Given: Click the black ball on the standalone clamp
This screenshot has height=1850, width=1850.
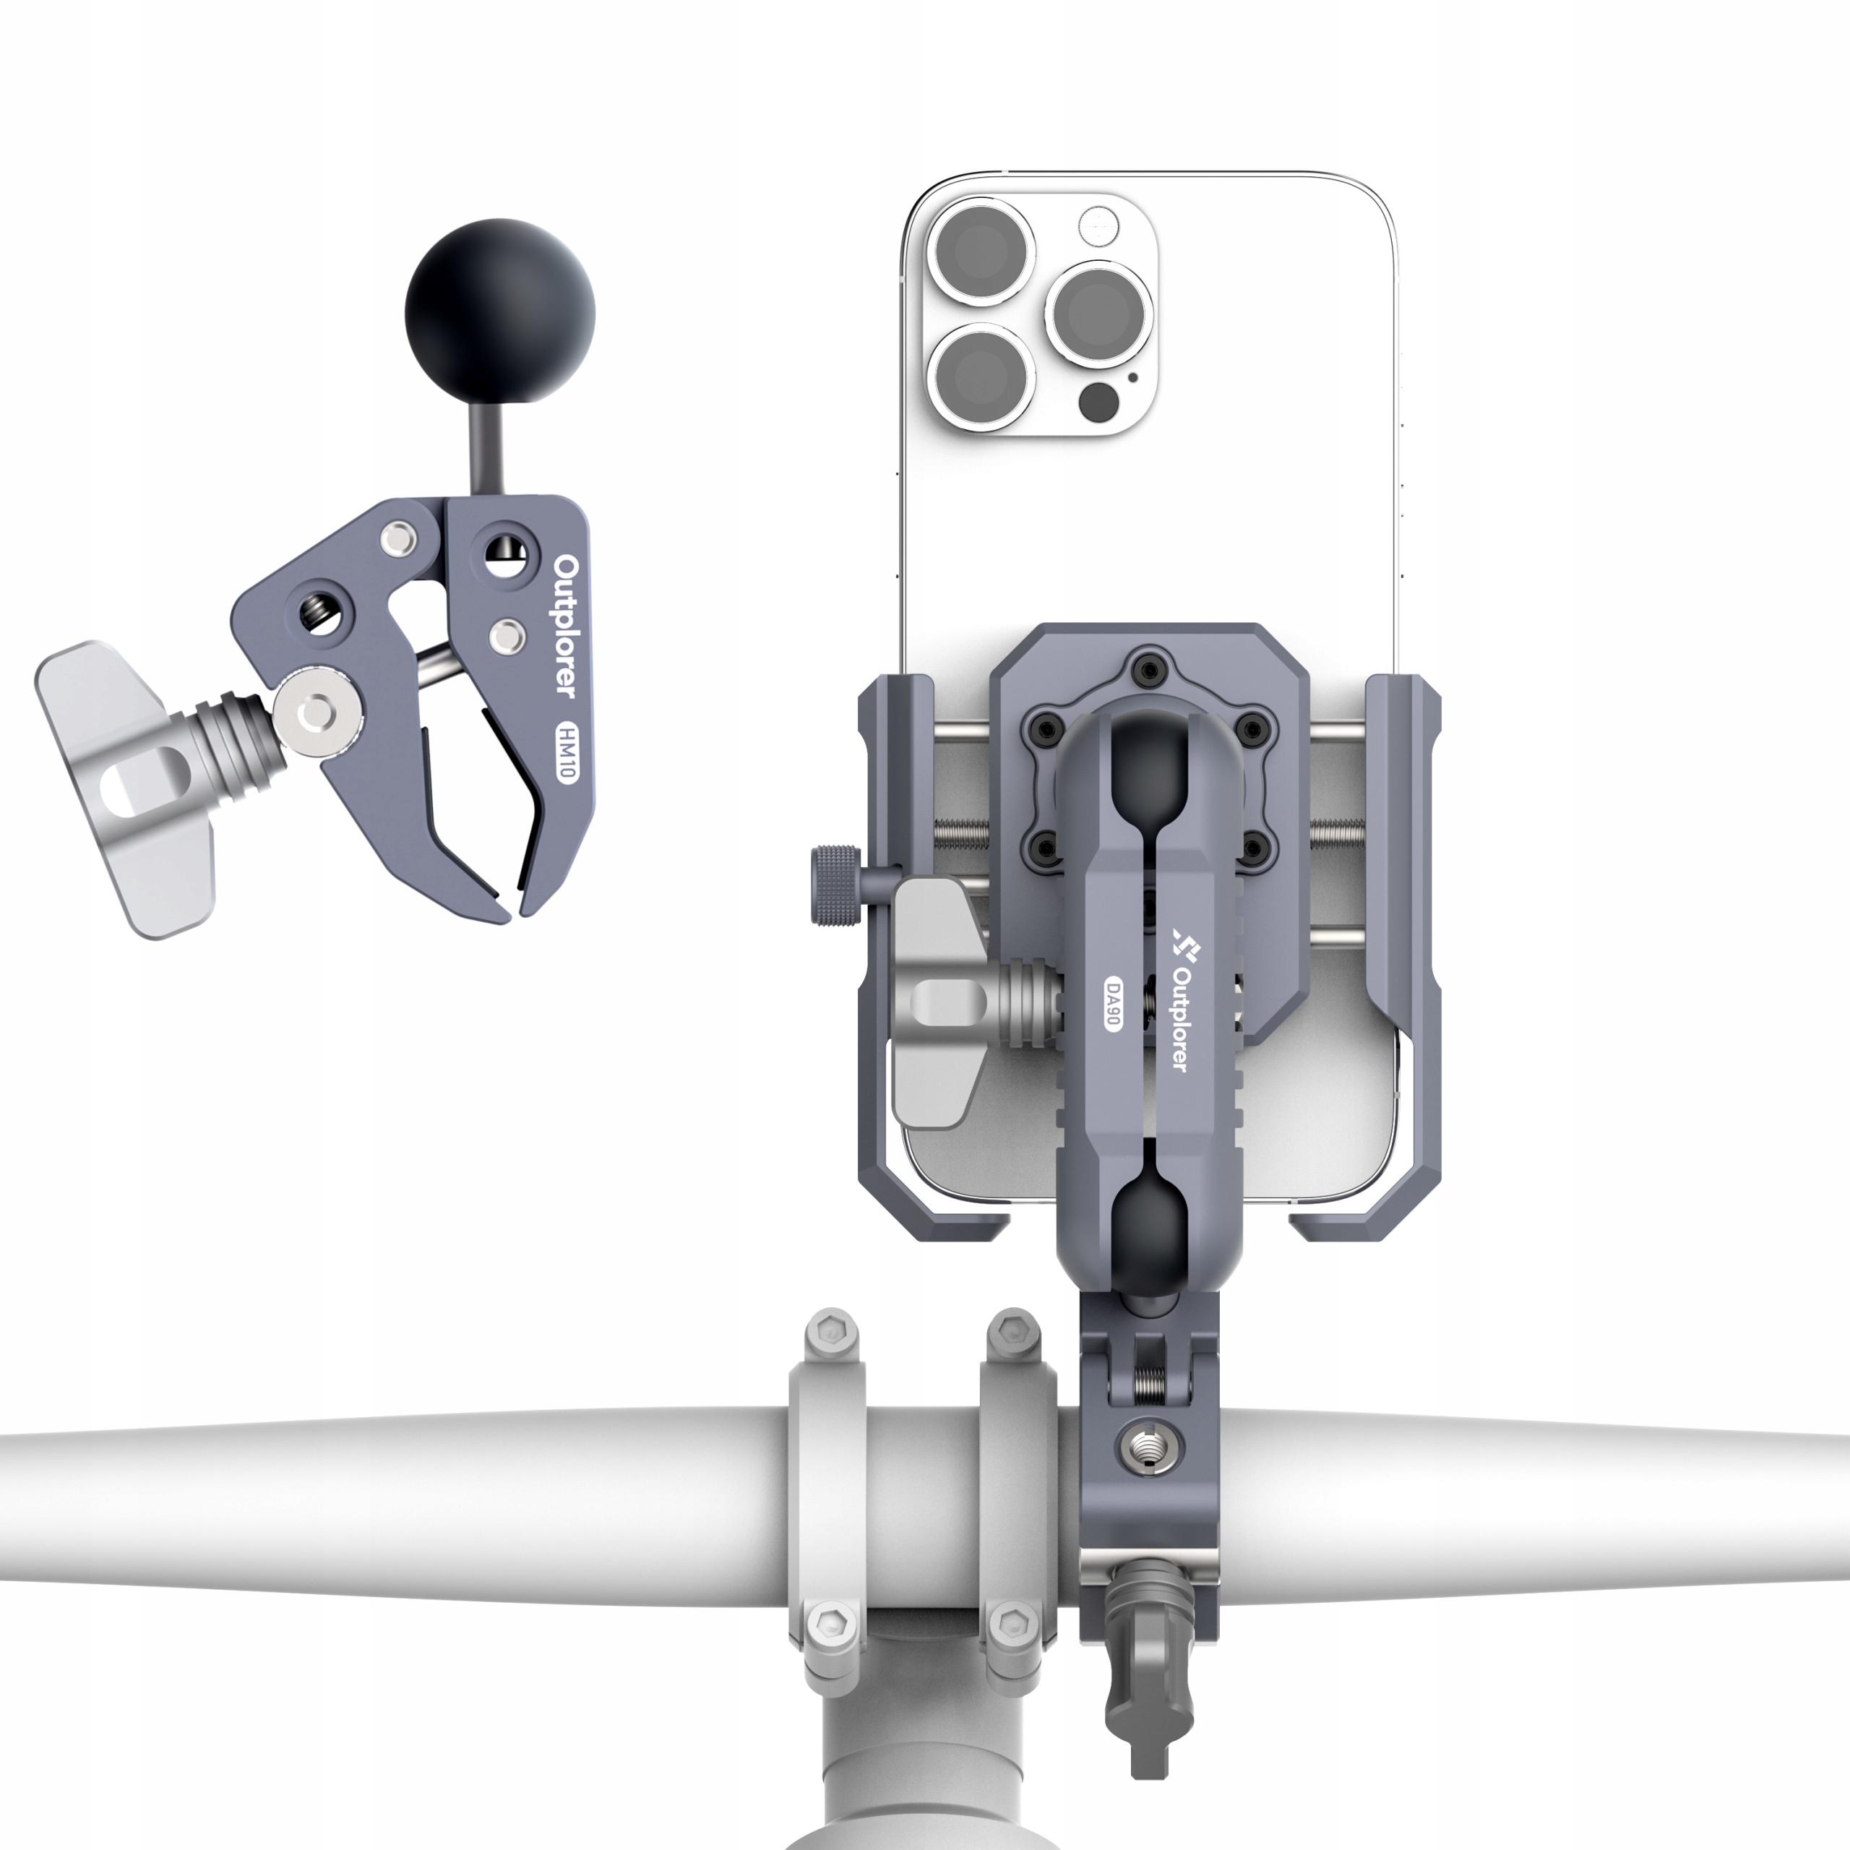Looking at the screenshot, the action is coord(499,313).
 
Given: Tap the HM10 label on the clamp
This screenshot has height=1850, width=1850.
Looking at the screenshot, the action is coord(565,752).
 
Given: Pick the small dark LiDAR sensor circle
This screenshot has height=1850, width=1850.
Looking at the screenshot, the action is coord(1098,403).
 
